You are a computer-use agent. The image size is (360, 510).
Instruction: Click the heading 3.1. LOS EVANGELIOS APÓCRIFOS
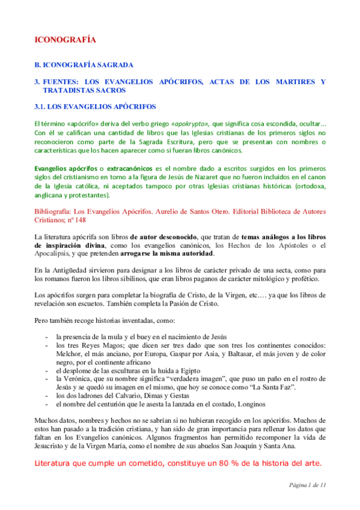tap(95, 106)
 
